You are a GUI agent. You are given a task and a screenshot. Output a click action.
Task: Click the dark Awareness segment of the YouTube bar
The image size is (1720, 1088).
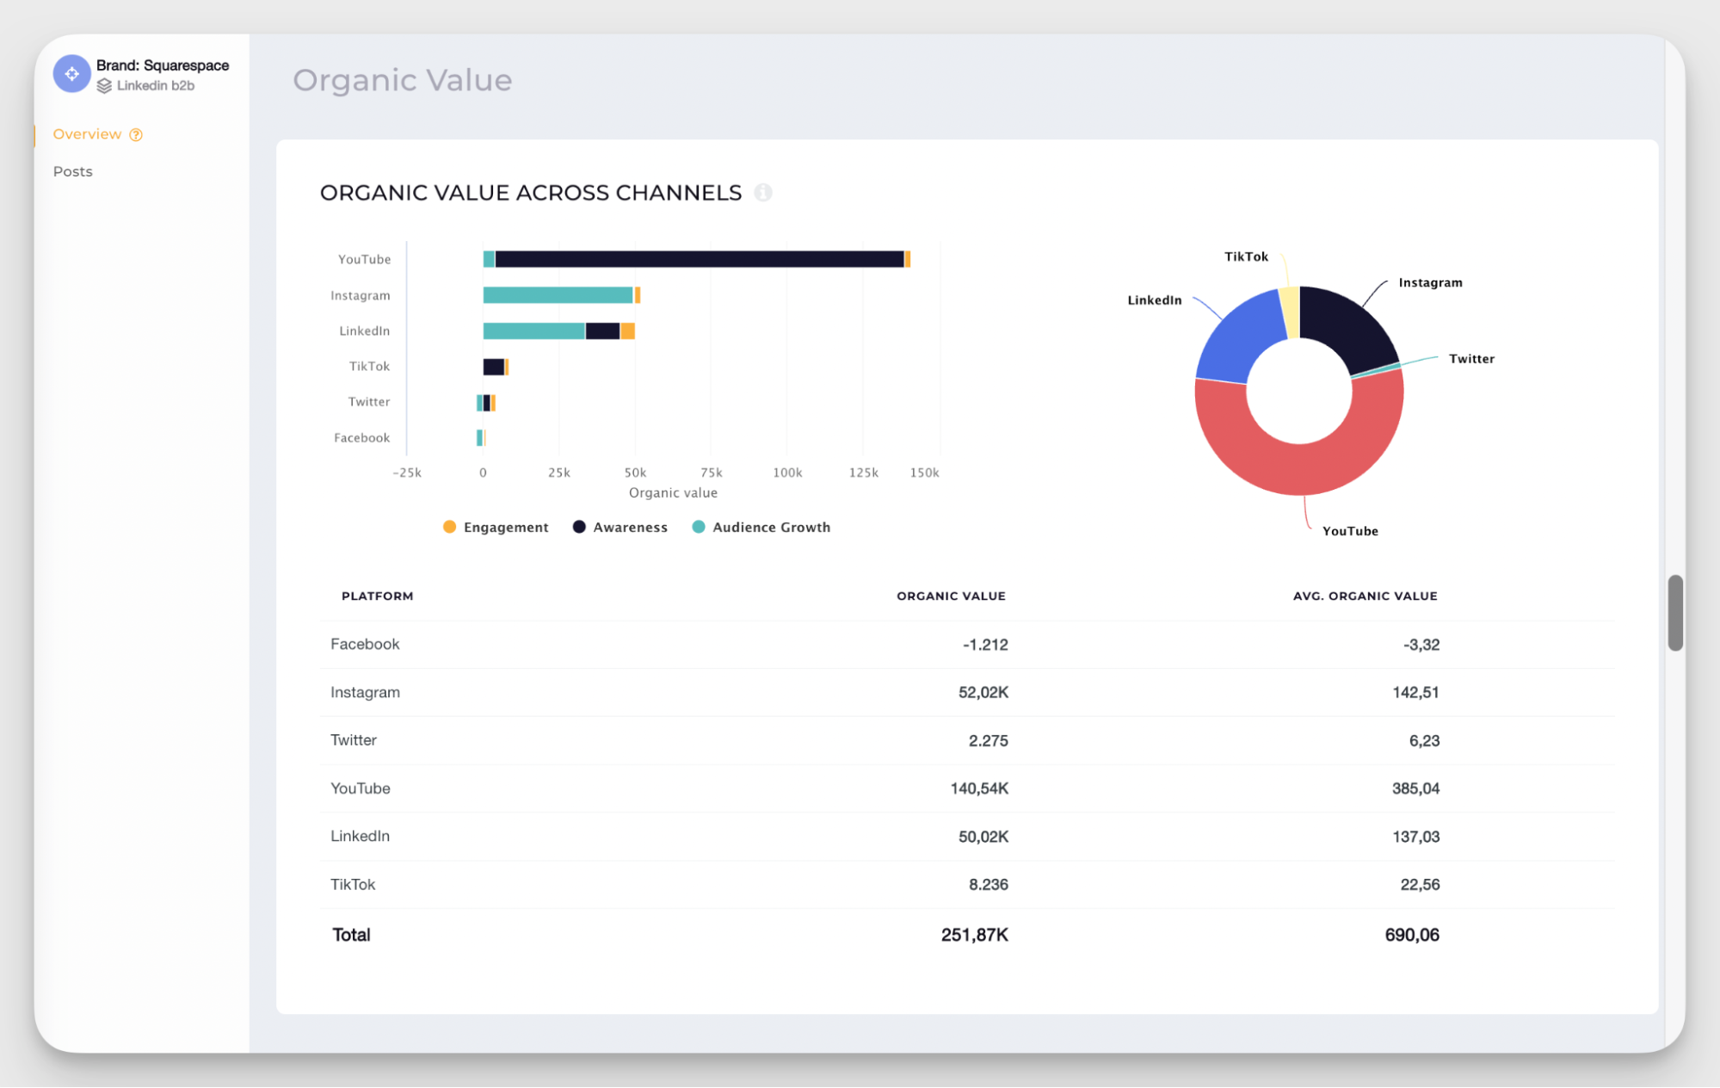699,259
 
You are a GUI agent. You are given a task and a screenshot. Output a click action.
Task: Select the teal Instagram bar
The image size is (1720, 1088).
558,295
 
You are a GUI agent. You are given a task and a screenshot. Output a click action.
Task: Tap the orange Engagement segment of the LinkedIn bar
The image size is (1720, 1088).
628,331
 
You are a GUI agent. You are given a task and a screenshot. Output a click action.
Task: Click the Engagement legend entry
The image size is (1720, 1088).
496,527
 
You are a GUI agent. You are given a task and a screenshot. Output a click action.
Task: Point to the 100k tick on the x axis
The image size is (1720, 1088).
787,473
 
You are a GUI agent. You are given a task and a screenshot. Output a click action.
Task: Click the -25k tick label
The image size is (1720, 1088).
407,473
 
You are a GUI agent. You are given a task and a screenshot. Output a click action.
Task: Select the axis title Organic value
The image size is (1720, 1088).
673,492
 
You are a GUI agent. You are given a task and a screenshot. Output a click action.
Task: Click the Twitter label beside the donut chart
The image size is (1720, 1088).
1471,359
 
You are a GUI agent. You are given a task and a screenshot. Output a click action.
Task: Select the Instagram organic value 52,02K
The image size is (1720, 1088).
983,692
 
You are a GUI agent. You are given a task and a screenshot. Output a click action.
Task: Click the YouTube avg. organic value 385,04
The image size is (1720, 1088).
1415,788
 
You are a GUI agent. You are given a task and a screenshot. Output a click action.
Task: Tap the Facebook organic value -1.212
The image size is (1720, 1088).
985,645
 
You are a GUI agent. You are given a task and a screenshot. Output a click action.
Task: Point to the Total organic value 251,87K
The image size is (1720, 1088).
974,935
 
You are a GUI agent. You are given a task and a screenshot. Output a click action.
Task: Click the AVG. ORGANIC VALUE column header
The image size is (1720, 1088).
1365,596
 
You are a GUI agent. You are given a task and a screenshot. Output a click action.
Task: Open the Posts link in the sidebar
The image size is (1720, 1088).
73,171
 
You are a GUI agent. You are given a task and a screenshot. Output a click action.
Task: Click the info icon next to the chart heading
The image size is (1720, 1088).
763,193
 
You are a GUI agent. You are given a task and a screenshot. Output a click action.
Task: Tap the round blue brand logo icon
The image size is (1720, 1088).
72,74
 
